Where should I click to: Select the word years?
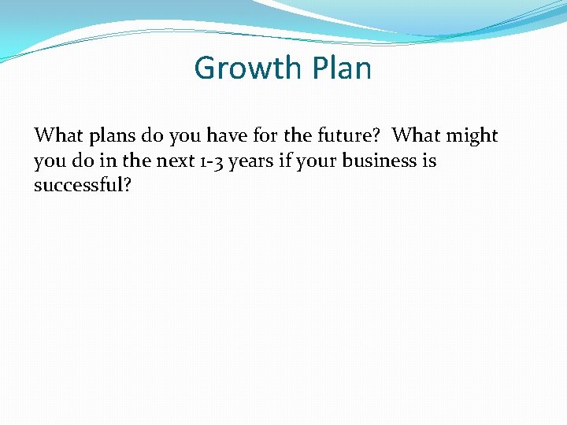[x=253, y=162]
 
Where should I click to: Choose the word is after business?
[x=429, y=161]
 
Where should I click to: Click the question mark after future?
[x=377, y=135]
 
